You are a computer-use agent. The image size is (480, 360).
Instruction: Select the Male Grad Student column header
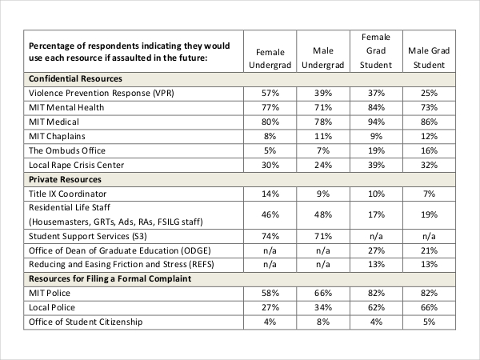click(x=429, y=58)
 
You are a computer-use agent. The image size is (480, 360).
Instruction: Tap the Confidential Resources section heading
click(x=75, y=79)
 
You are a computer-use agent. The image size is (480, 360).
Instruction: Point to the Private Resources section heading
click(x=65, y=180)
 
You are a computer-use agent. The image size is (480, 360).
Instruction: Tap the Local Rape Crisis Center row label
click(x=81, y=166)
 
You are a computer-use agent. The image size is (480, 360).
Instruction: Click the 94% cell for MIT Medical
click(x=376, y=122)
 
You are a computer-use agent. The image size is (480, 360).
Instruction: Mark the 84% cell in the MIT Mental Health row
click(x=376, y=108)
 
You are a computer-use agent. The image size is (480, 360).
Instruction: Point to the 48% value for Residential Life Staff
click(x=323, y=215)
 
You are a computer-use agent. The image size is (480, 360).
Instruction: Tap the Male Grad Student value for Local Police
click(x=429, y=306)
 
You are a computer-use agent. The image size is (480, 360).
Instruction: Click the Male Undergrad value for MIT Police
click(x=323, y=292)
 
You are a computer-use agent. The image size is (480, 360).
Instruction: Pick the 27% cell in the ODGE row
click(x=376, y=250)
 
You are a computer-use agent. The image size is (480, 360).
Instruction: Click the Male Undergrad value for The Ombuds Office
click(x=323, y=151)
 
